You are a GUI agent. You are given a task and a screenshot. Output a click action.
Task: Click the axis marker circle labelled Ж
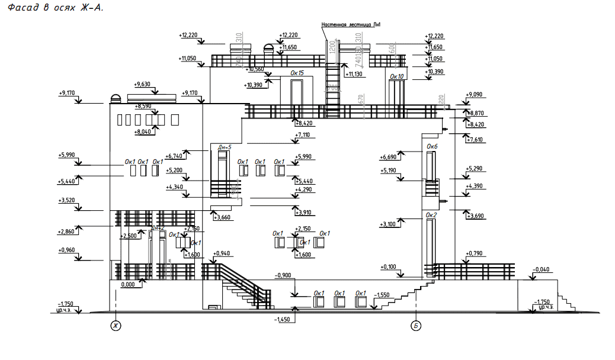(116, 326)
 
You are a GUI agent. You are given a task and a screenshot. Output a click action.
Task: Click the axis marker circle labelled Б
(416, 326)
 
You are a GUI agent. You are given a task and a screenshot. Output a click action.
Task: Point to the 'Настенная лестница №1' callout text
(350, 25)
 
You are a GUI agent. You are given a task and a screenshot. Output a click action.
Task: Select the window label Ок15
(297, 73)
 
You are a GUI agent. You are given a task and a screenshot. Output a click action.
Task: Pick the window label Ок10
(396, 76)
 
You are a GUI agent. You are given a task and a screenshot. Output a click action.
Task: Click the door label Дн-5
(225, 146)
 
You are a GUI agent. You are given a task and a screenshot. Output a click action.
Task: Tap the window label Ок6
(432, 146)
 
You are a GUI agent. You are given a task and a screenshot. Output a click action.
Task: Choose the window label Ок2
(431, 214)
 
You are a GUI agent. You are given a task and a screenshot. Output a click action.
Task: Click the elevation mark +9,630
(143, 84)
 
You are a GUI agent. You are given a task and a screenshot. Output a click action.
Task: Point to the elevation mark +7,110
(303, 135)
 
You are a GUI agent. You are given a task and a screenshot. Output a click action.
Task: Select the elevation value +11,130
(355, 74)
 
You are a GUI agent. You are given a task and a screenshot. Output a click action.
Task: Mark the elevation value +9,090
(475, 94)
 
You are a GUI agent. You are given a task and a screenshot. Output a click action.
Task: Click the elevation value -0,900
(283, 275)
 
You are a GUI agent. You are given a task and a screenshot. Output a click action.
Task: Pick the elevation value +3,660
(221, 217)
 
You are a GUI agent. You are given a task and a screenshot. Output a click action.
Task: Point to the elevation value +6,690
(389, 157)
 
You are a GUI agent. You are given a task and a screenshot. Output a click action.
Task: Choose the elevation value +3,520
(67, 200)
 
